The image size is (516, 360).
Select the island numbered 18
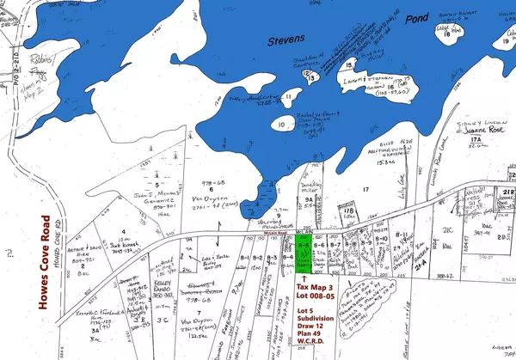[x=446, y=35]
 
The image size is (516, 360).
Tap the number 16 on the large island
[x=390, y=87]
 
